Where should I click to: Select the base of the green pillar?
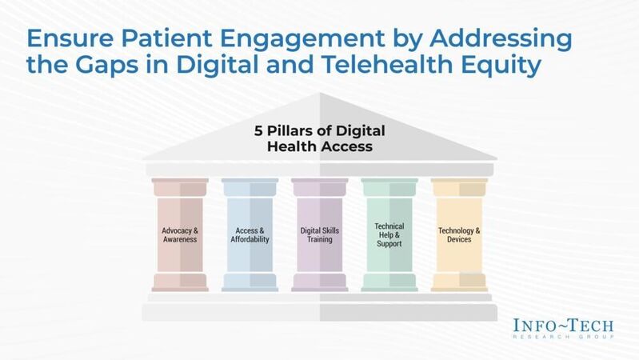pos(389,282)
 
